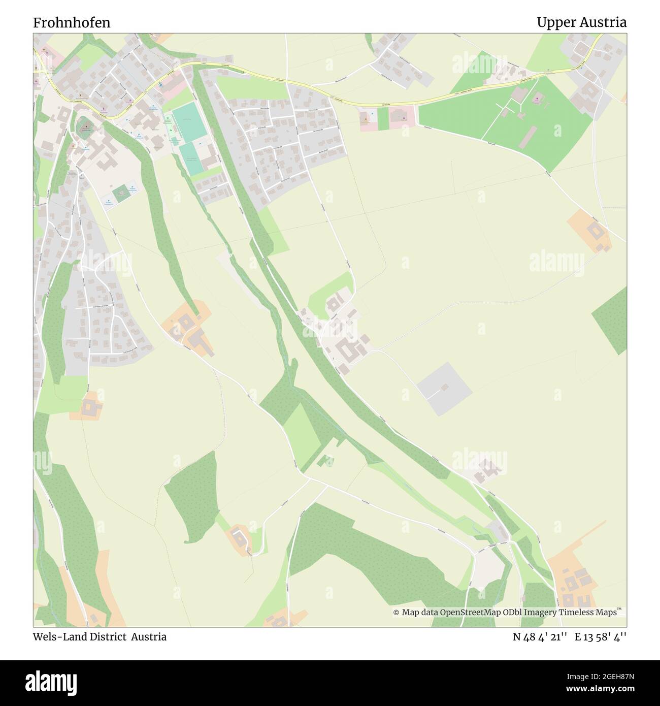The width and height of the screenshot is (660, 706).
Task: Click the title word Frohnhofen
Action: [x=72, y=22]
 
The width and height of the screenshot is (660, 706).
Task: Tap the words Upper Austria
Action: [x=581, y=22]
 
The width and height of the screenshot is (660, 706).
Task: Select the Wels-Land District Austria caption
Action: [x=100, y=637]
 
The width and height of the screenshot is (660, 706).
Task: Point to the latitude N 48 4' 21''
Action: [x=540, y=637]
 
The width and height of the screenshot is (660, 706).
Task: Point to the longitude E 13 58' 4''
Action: [x=601, y=637]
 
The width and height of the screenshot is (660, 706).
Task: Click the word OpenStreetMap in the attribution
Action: [x=471, y=613]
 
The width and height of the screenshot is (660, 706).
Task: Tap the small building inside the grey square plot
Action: [x=445, y=387]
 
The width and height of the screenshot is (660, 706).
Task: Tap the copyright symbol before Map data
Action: [x=396, y=613]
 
